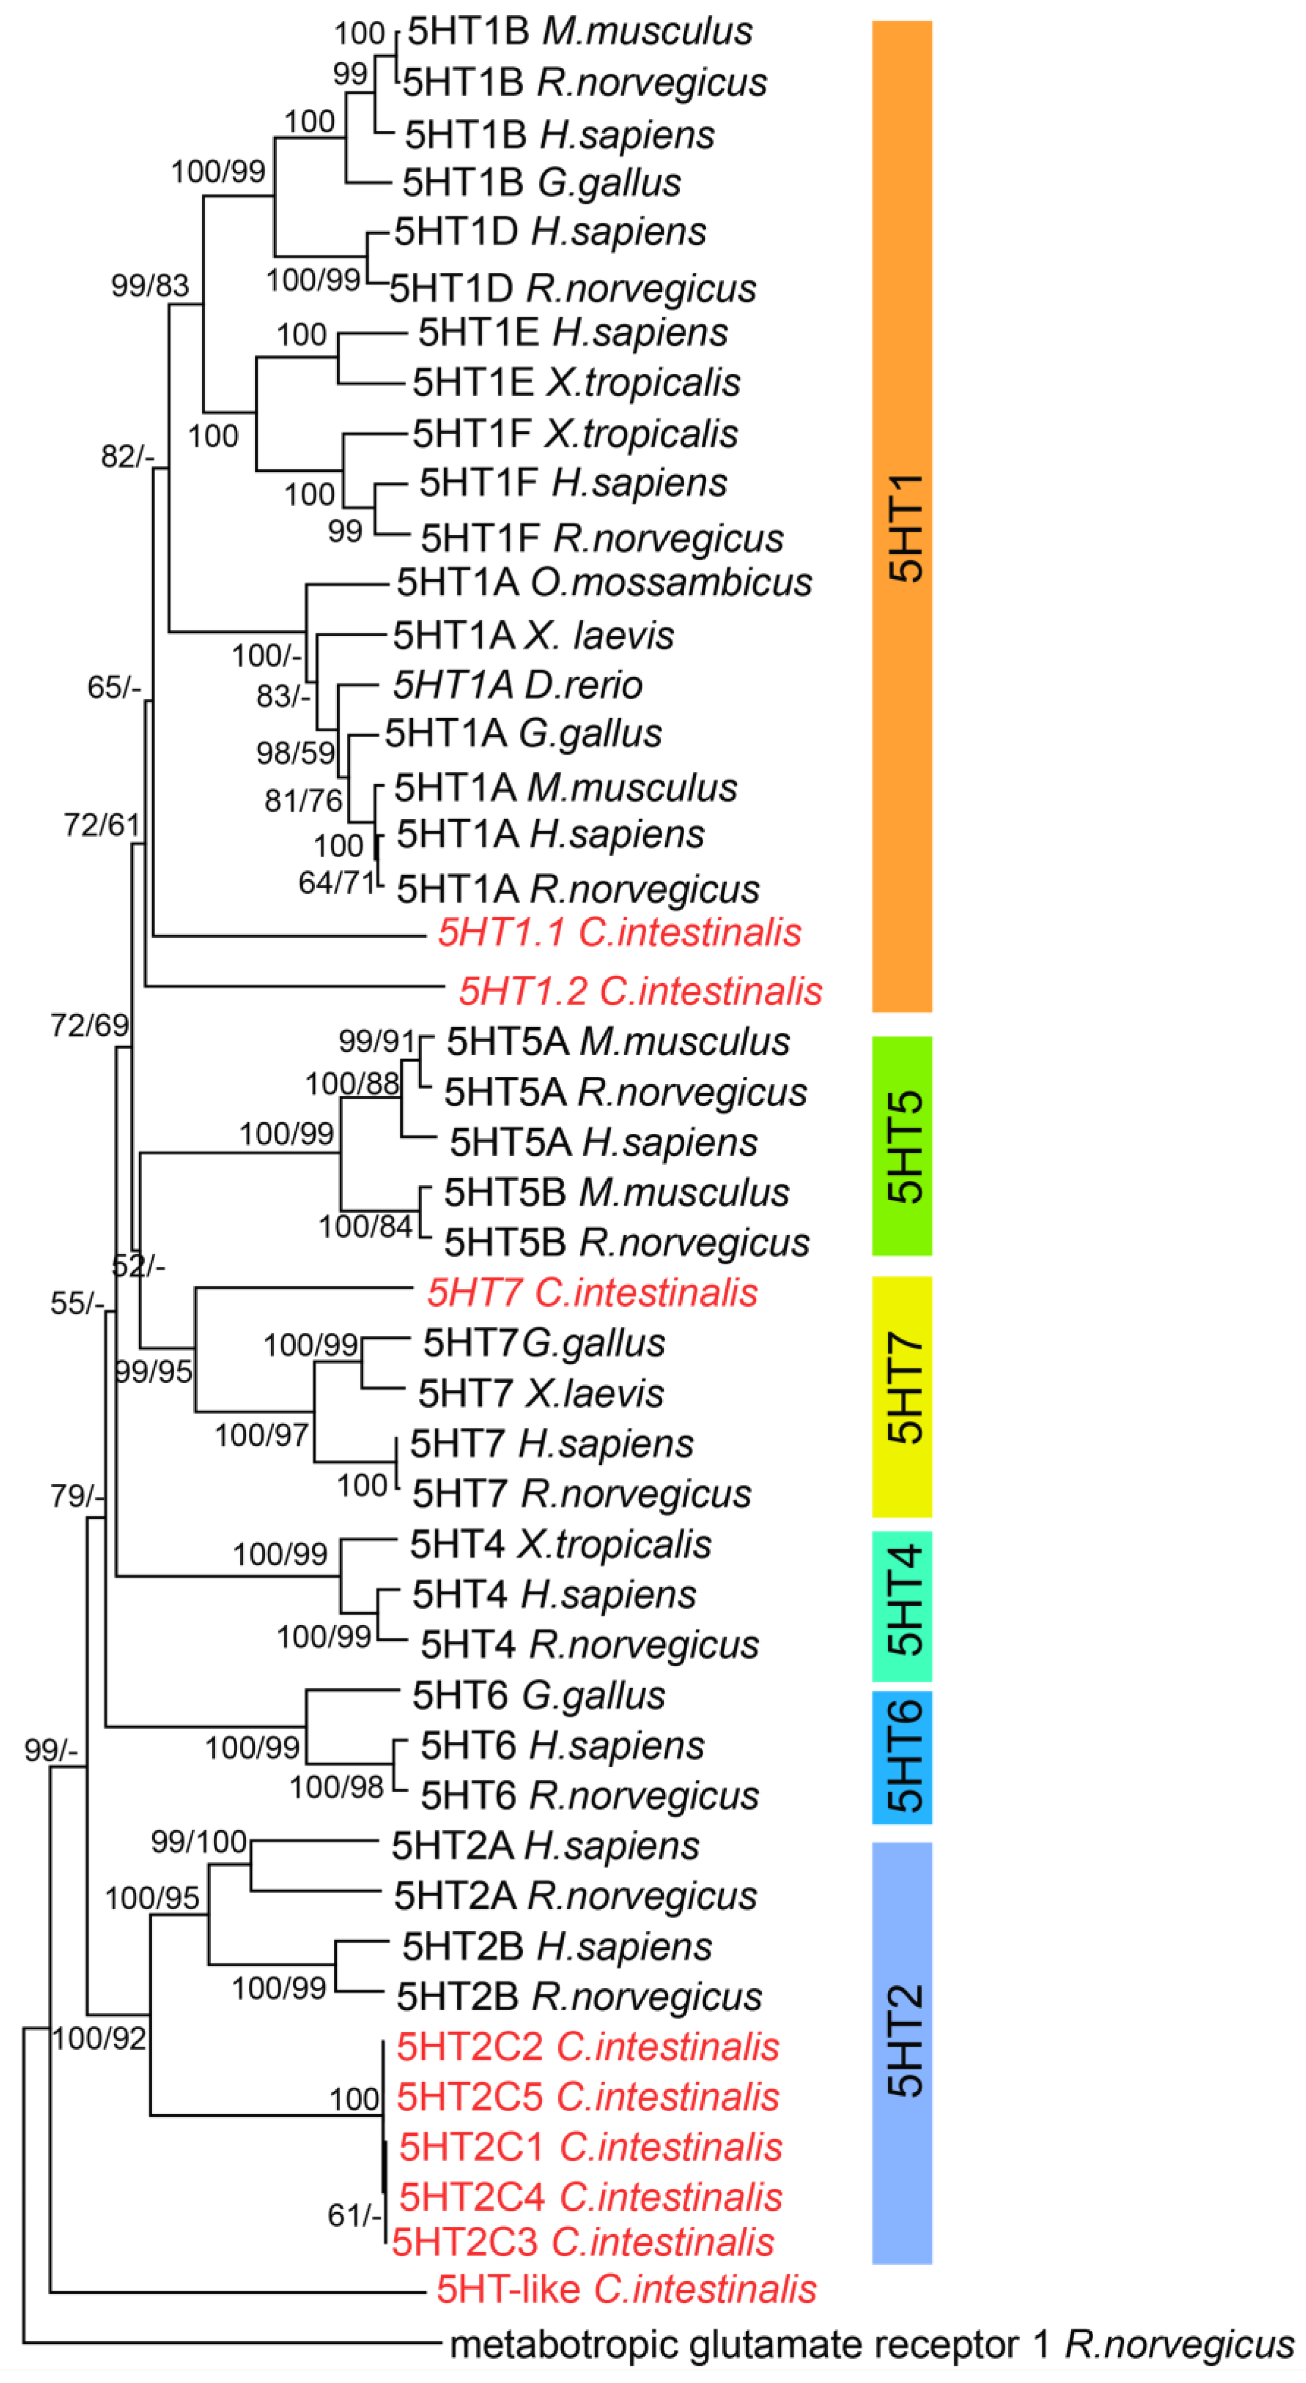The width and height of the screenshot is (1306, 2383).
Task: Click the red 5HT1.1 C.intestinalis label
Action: [619, 932]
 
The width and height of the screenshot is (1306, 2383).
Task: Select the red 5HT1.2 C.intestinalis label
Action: [640, 991]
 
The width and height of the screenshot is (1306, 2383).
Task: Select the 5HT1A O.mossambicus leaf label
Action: [604, 583]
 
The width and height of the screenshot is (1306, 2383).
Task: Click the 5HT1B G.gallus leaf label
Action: [541, 183]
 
